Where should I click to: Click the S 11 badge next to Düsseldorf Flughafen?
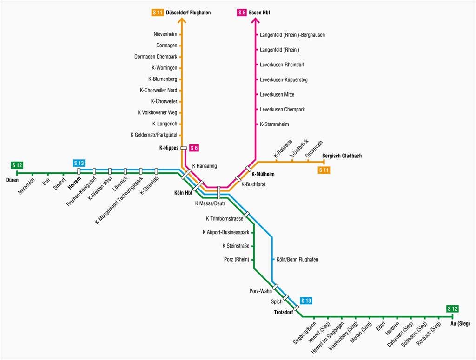tap(157, 13)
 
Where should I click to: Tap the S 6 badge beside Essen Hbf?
tap(242, 13)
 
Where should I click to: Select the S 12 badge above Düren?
tap(17, 165)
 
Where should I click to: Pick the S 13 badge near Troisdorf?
tap(306, 301)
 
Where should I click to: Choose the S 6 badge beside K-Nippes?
tap(194, 148)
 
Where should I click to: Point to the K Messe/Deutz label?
tap(210, 203)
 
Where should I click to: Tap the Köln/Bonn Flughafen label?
tap(297, 259)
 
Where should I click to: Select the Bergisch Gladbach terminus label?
tap(342, 156)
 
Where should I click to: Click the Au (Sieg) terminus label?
tap(460, 323)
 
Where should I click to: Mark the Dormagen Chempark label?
tap(156, 57)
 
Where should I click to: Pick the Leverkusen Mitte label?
tap(277, 95)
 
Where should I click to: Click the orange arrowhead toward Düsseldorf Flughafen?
tap(181, 20)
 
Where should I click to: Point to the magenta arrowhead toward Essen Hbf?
tap(255, 20)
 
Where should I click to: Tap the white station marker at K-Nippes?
tap(183, 148)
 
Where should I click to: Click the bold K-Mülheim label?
tap(263, 174)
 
